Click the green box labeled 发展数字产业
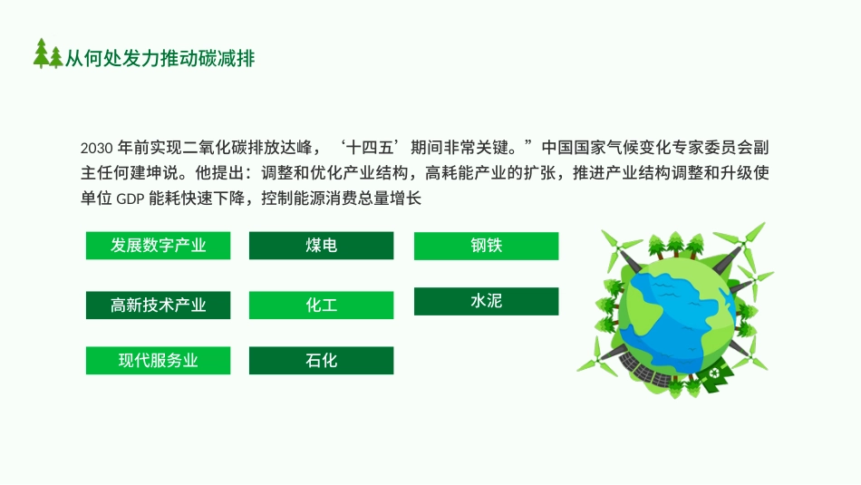(x=159, y=246)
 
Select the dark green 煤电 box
(x=321, y=246)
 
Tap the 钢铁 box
(x=486, y=246)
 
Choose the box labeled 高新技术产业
(x=159, y=306)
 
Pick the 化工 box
(x=321, y=306)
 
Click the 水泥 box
(x=486, y=301)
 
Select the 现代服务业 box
(x=159, y=360)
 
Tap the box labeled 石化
(x=321, y=360)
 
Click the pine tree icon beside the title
(x=48, y=55)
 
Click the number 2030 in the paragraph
(x=95, y=148)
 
